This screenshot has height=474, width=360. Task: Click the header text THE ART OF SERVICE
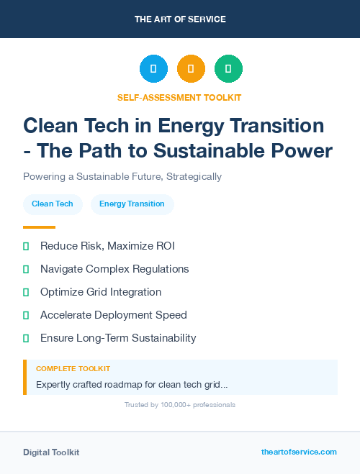(x=180, y=19)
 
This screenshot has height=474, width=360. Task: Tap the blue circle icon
(x=153, y=69)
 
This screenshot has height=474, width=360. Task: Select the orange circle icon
(x=191, y=69)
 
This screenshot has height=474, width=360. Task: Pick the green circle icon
(x=228, y=69)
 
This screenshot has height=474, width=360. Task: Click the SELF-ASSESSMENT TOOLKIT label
(x=180, y=97)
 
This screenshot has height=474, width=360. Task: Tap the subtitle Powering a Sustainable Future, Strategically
(x=122, y=176)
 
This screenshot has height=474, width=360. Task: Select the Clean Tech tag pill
(x=53, y=204)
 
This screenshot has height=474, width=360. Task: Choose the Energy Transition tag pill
(x=132, y=204)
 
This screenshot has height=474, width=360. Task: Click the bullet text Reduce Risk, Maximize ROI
(x=107, y=246)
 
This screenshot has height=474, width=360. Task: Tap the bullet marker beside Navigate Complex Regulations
(x=26, y=269)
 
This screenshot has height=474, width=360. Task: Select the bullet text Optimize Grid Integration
(x=101, y=292)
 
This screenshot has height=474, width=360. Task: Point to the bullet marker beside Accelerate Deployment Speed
(x=26, y=315)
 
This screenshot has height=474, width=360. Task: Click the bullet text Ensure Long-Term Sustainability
(x=118, y=338)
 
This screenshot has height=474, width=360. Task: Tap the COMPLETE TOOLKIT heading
(x=73, y=368)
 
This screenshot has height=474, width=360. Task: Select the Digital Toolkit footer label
(x=51, y=452)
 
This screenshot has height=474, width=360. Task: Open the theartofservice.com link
(x=299, y=452)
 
